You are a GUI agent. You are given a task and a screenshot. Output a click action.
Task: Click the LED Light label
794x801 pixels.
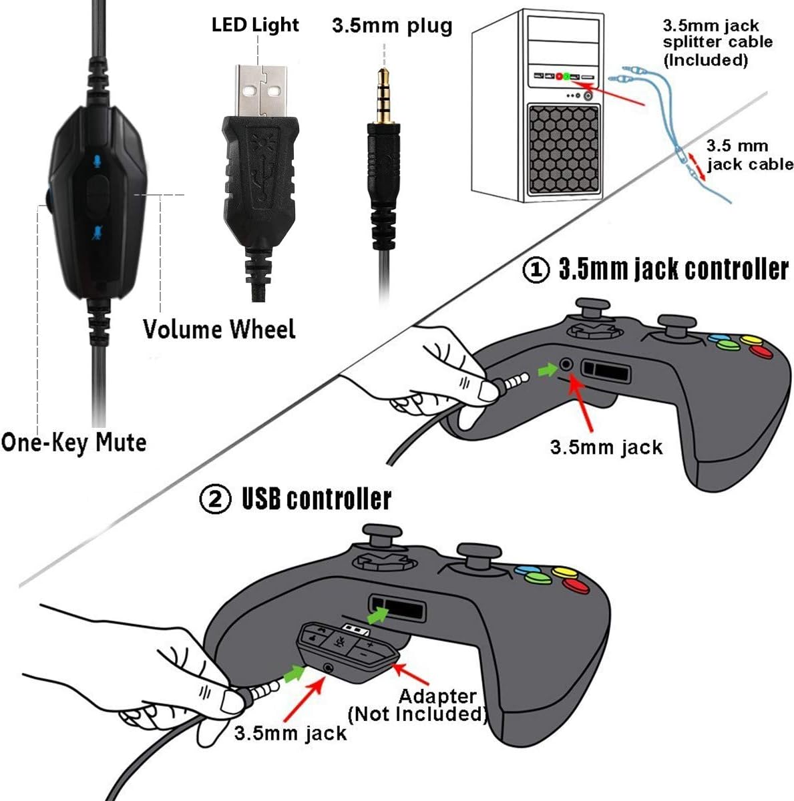255,25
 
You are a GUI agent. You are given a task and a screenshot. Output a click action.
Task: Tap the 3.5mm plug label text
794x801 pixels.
392,26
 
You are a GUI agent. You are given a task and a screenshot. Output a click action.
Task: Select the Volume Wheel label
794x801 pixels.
219,329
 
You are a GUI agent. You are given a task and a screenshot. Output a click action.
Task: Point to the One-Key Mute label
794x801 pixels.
73,442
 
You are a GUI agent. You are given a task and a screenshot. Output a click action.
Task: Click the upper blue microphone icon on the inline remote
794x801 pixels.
97,162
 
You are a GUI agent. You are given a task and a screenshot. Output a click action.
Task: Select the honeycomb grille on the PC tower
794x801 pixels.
562,148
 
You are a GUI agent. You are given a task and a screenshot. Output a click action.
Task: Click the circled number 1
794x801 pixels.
536,270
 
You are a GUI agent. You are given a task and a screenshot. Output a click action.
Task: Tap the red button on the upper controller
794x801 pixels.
759,351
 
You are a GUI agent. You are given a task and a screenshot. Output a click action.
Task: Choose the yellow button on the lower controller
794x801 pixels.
564,572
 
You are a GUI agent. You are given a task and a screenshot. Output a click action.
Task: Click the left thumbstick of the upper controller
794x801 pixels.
586,314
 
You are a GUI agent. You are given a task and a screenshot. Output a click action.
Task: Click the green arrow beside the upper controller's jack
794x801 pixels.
548,368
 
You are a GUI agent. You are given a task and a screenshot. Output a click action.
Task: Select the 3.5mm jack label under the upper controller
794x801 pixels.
606,447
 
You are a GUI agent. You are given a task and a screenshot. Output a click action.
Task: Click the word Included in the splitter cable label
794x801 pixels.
707,60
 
